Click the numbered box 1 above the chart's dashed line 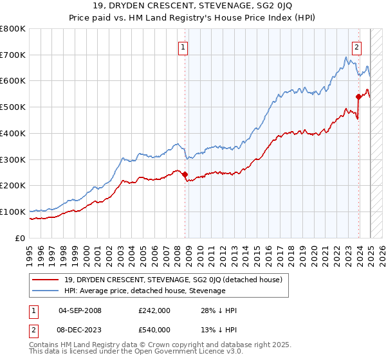point(183,46)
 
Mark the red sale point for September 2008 point(185,174)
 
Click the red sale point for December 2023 point(358,96)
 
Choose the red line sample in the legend point(46,280)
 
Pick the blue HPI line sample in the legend point(46,291)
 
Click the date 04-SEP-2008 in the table point(80,310)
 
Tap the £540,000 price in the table point(154,330)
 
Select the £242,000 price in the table point(154,310)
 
